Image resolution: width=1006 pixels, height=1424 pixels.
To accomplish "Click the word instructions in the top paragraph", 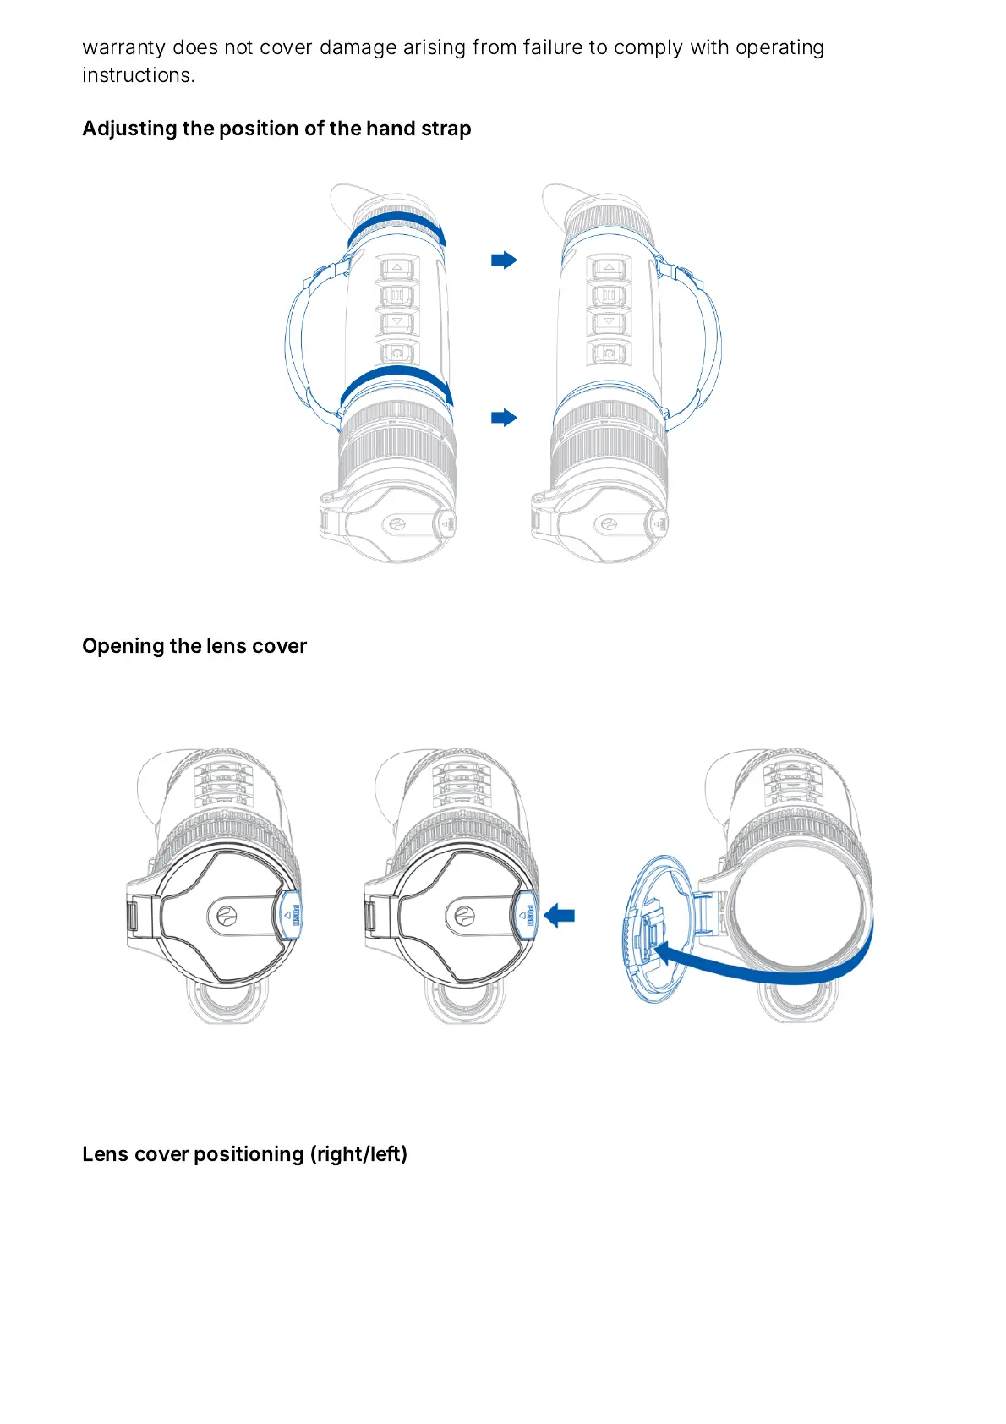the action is [x=138, y=76].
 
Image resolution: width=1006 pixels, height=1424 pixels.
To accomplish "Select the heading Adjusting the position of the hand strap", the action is [x=276, y=129].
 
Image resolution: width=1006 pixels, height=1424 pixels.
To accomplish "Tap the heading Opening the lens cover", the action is [x=194, y=646].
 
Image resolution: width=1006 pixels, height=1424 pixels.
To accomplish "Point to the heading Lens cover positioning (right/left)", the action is [x=244, y=1154].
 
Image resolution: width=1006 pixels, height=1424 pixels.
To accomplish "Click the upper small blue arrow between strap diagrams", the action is [x=504, y=260].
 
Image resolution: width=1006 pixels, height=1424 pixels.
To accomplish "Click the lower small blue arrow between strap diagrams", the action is [x=504, y=417].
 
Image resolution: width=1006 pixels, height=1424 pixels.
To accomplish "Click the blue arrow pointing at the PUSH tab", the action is [x=560, y=915].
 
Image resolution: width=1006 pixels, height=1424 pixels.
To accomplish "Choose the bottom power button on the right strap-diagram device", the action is [x=608, y=352].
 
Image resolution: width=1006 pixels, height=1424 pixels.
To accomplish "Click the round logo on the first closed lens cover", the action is [x=227, y=915].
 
